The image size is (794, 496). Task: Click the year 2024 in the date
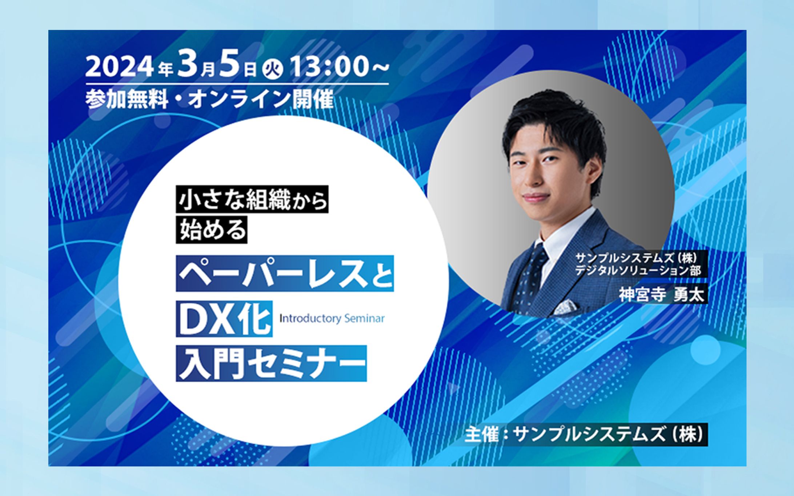point(118,68)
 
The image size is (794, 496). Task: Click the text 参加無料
point(127,99)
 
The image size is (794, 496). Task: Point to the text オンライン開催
point(260,99)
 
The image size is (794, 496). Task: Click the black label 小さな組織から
point(252,199)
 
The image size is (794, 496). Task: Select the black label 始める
point(212,230)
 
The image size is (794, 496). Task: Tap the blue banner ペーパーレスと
point(285,274)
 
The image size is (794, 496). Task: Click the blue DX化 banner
point(224,319)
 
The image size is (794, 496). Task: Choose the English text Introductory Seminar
point(332,319)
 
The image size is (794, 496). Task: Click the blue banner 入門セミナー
point(271,363)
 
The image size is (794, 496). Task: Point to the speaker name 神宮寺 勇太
point(662,295)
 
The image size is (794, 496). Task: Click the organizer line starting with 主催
point(586,435)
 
